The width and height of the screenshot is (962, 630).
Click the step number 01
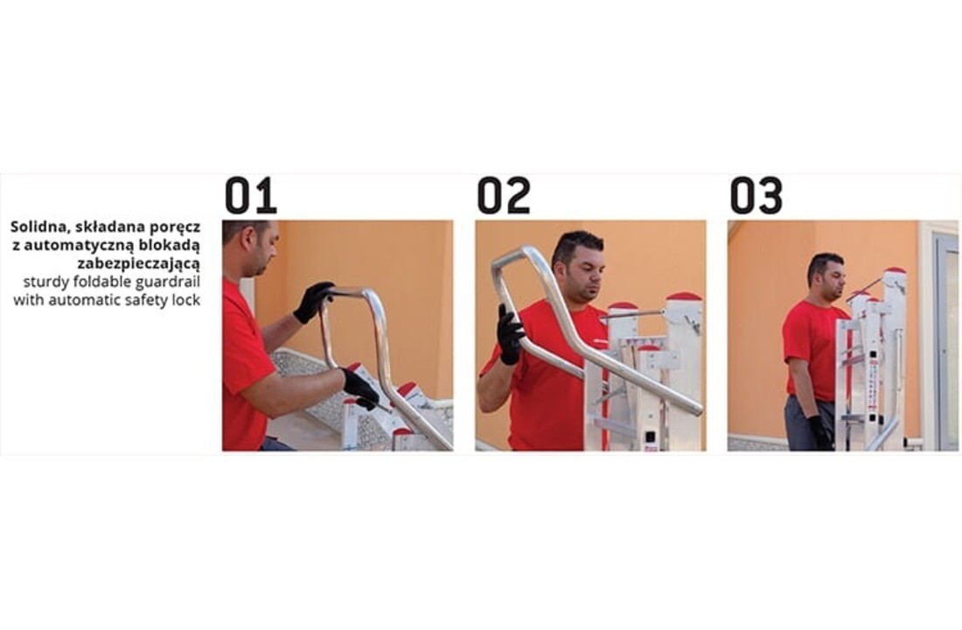pyautogui.click(x=250, y=196)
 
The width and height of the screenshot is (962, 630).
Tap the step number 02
pyautogui.click(x=503, y=196)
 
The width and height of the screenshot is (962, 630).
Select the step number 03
pyautogui.click(x=756, y=196)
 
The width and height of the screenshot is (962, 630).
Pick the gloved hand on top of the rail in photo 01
pyautogui.click(x=313, y=302)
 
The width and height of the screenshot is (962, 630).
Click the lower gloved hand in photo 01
pyautogui.click(x=360, y=388)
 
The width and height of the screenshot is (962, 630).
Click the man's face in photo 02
pyautogui.click(x=583, y=266)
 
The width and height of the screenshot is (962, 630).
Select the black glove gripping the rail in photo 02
pyautogui.click(x=510, y=334)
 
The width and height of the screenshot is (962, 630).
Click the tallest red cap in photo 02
pyautogui.click(x=684, y=297)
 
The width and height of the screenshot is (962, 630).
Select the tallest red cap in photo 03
pyautogui.click(x=894, y=271)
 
